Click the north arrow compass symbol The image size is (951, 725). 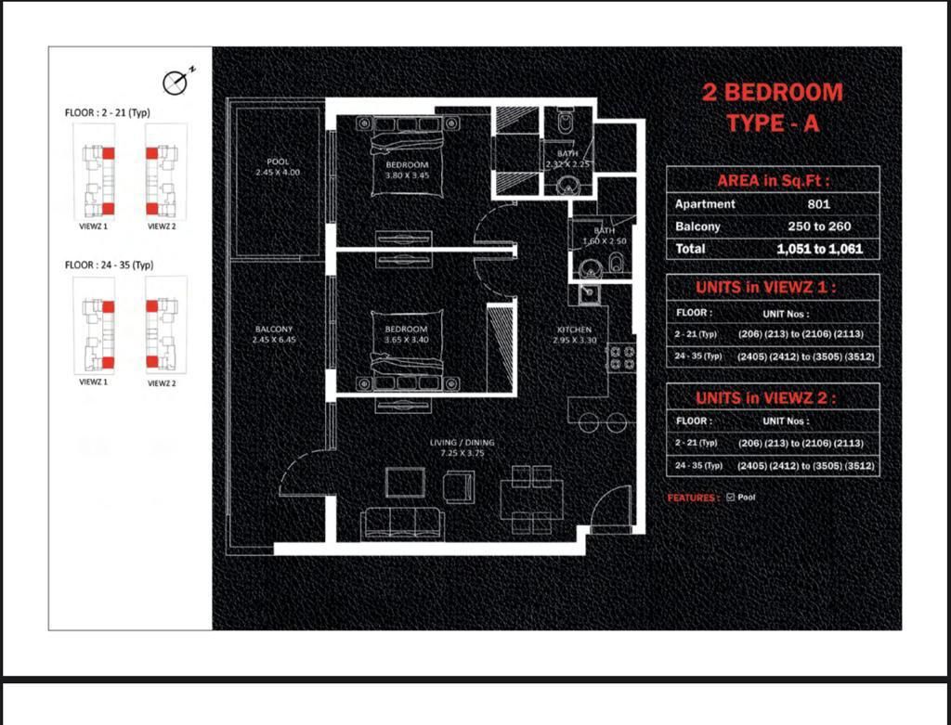(x=176, y=83)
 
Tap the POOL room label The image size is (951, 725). (x=278, y=166)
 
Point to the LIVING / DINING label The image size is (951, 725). (x=462, y=447)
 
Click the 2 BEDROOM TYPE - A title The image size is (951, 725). (x=772, y=107)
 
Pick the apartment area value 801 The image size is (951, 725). (x=818, y=204)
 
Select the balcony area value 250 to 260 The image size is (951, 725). (x=818, y=227)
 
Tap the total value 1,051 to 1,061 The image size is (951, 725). (x=818, y=249)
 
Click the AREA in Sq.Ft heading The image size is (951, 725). (x=773, y=181)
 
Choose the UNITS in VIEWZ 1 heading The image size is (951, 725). (x=773, y=288)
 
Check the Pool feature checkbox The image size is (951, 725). (x=731, y=498)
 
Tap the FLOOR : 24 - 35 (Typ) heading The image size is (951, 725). (x=109, y=265)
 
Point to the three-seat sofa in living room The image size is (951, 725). (x=401, y=524)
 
